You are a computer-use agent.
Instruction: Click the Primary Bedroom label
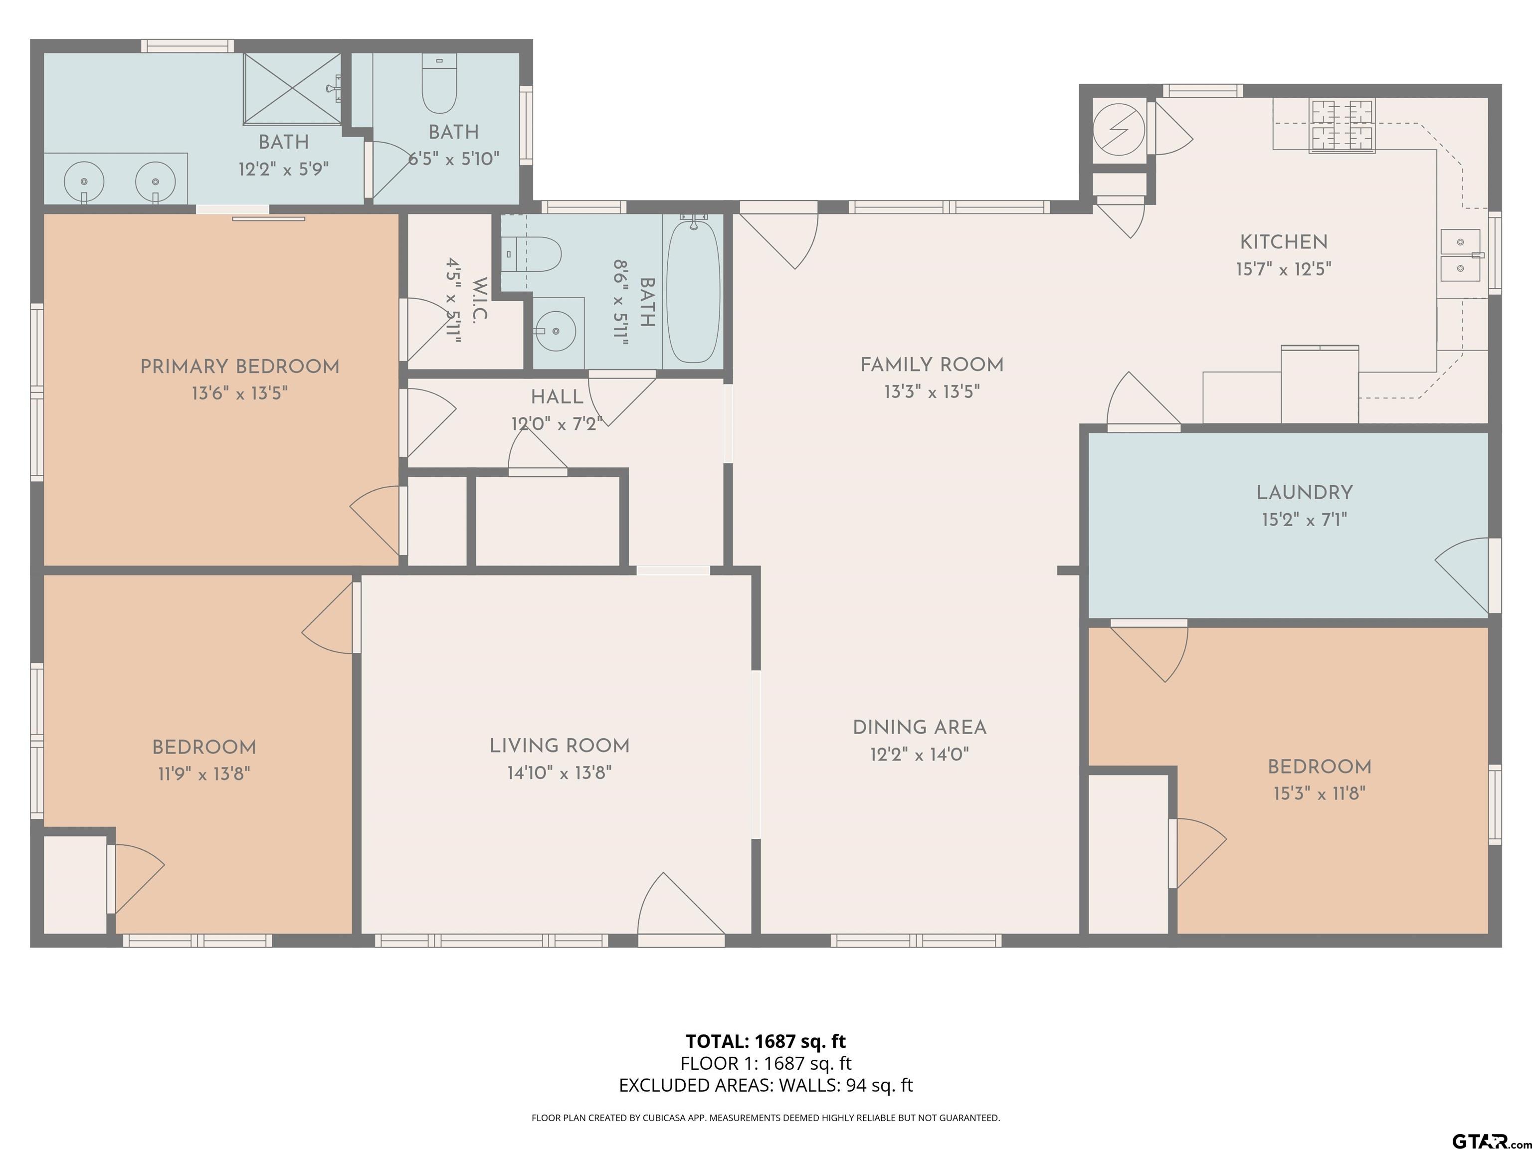[x=240, y=367]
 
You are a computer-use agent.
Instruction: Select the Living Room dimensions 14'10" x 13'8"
[x=560, y=772]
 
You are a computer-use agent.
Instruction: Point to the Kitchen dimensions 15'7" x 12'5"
[x=1283, y=269]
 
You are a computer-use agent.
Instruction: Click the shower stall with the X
[x=292, y=89]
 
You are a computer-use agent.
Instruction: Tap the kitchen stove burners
[x=1341, y=125]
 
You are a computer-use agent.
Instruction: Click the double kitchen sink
[x=1461, y=255]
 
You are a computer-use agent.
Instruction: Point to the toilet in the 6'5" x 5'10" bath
[x=439, y=84]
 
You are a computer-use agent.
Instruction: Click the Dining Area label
[x=919, y=727]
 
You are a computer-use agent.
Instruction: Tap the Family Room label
[x=932, y=365]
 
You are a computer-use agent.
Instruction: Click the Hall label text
[x=557, y=397]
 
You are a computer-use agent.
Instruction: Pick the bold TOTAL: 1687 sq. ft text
[x=766, y=1041]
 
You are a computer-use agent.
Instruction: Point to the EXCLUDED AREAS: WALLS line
[x=766, y=1085]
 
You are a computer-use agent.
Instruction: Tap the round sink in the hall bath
[x=556, y=332]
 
